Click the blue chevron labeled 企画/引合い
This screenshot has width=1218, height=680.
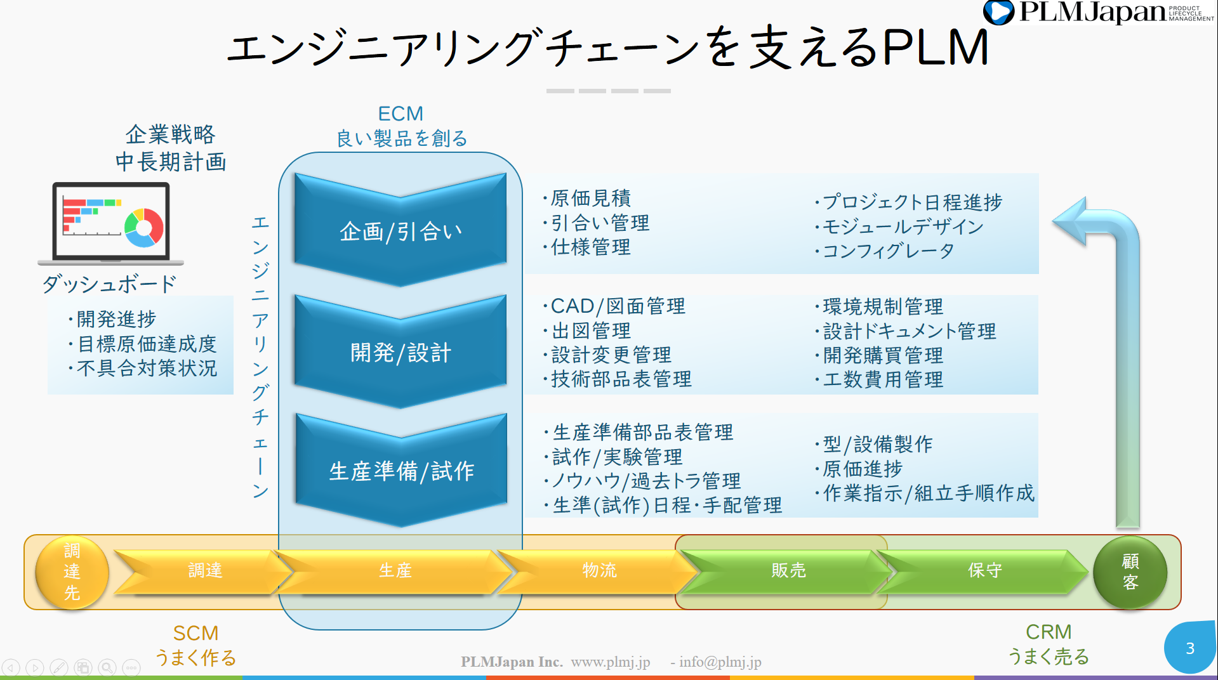(x=400, y=231)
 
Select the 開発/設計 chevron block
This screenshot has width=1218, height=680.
(x=400, y=353)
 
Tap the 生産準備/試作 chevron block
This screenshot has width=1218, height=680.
(x=401, y=471)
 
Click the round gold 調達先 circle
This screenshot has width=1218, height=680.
(x=72, y=572)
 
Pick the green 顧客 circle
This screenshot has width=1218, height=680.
(x=1130, y=572)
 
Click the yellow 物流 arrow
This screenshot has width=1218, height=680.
(x=599, y=571)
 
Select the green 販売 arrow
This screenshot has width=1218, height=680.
(x=788, y=571)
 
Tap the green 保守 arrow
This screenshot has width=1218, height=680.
(x=984, y=571)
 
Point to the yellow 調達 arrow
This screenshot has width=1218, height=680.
(x=205, y=571)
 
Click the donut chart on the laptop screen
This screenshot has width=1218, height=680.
(x=144, y=227)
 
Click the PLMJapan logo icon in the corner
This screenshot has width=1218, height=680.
(x=998, y=12)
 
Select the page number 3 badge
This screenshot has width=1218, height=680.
(x=1190, y=648)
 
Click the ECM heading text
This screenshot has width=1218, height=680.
(x=400, y=114)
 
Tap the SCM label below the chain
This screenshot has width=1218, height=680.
(x=195, y=633)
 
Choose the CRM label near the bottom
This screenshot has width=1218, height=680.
(x=1049, y=632)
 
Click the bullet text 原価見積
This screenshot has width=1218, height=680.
(x=590, y=199)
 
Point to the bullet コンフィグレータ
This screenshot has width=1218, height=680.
(x=888, y=251)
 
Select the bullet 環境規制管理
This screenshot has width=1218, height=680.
(x=882, y=306)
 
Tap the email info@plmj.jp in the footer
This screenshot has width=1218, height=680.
(x=720, y=662)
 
